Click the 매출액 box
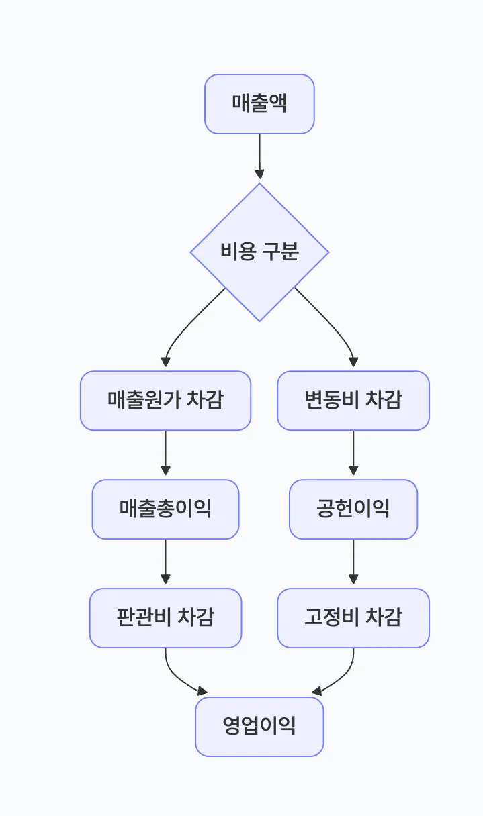click(x=259, y=104)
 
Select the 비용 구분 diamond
click(x=259, y=252)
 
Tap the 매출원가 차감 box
click(x=165, y=401)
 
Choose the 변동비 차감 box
click(x=353, y=401)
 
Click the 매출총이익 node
click(x=165, y=509)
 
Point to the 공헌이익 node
click(x=353, y=509)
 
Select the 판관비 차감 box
click(x=165, y=618)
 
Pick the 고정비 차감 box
click(x=353, y=618)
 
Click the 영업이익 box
click(x=259, y=727)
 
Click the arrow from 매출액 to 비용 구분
click(x=259, y=157)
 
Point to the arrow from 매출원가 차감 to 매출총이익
click(x=165, y=454)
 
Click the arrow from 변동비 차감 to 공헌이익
click(x=353, y=454)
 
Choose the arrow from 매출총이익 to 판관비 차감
click(x=165, y=563)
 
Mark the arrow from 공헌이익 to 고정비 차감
click(x=353, y=563)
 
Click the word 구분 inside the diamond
click(x=280, y=252)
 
